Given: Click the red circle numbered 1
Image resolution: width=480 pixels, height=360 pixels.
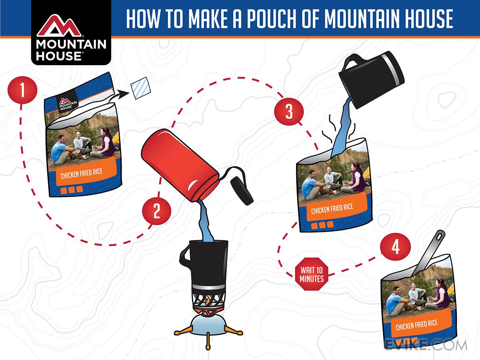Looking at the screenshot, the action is coord(22,90).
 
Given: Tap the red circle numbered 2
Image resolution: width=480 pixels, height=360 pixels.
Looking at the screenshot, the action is coord(156,211).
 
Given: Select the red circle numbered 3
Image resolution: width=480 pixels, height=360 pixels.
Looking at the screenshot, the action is coord(289,111).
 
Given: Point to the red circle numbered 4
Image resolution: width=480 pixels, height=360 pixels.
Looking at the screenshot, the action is coord(395,247).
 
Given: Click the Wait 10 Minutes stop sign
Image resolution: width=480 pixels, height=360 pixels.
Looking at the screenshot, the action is coord(312,274).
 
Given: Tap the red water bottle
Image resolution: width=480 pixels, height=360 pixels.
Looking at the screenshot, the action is coord(180,165).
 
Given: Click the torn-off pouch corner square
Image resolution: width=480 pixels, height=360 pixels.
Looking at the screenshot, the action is coord(141,88).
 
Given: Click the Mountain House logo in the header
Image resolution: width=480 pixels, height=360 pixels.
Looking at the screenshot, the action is coord(71,32).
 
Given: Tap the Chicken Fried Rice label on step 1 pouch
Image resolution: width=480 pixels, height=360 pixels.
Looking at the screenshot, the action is coord(82,173).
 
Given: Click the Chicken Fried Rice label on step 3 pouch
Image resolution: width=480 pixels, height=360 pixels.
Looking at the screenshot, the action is coord(332,208).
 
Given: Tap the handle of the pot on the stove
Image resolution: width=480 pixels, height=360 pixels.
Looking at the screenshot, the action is coord(185,256).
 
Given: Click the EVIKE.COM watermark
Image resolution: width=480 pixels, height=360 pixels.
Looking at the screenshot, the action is coord(426,345).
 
